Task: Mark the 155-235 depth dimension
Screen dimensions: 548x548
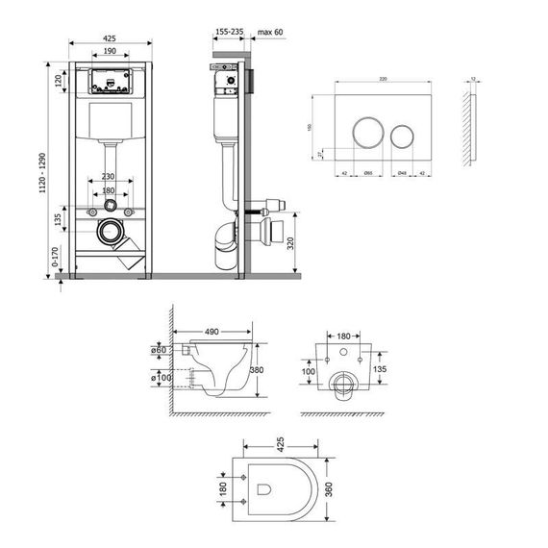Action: tap(229, 32)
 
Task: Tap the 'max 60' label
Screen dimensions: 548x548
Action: tap(268, 32)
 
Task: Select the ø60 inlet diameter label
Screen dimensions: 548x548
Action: tap(162, 350)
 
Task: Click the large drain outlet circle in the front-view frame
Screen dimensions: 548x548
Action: tap(112, 233)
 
